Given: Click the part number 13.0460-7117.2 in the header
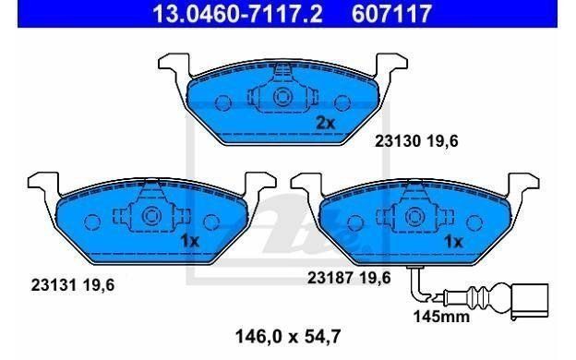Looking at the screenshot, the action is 237,13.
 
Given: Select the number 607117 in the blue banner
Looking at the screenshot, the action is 391,13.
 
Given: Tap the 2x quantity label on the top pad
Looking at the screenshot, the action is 326,124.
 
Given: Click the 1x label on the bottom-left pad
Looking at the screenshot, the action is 189,241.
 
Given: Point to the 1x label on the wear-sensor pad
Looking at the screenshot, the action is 453,241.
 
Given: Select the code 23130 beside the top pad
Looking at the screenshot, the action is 397,141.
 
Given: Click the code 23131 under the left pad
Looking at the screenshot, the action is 54,284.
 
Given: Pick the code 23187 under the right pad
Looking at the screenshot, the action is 330,278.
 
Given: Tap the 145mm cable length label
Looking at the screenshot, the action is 441,316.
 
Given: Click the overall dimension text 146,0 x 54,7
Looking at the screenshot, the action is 288,336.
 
